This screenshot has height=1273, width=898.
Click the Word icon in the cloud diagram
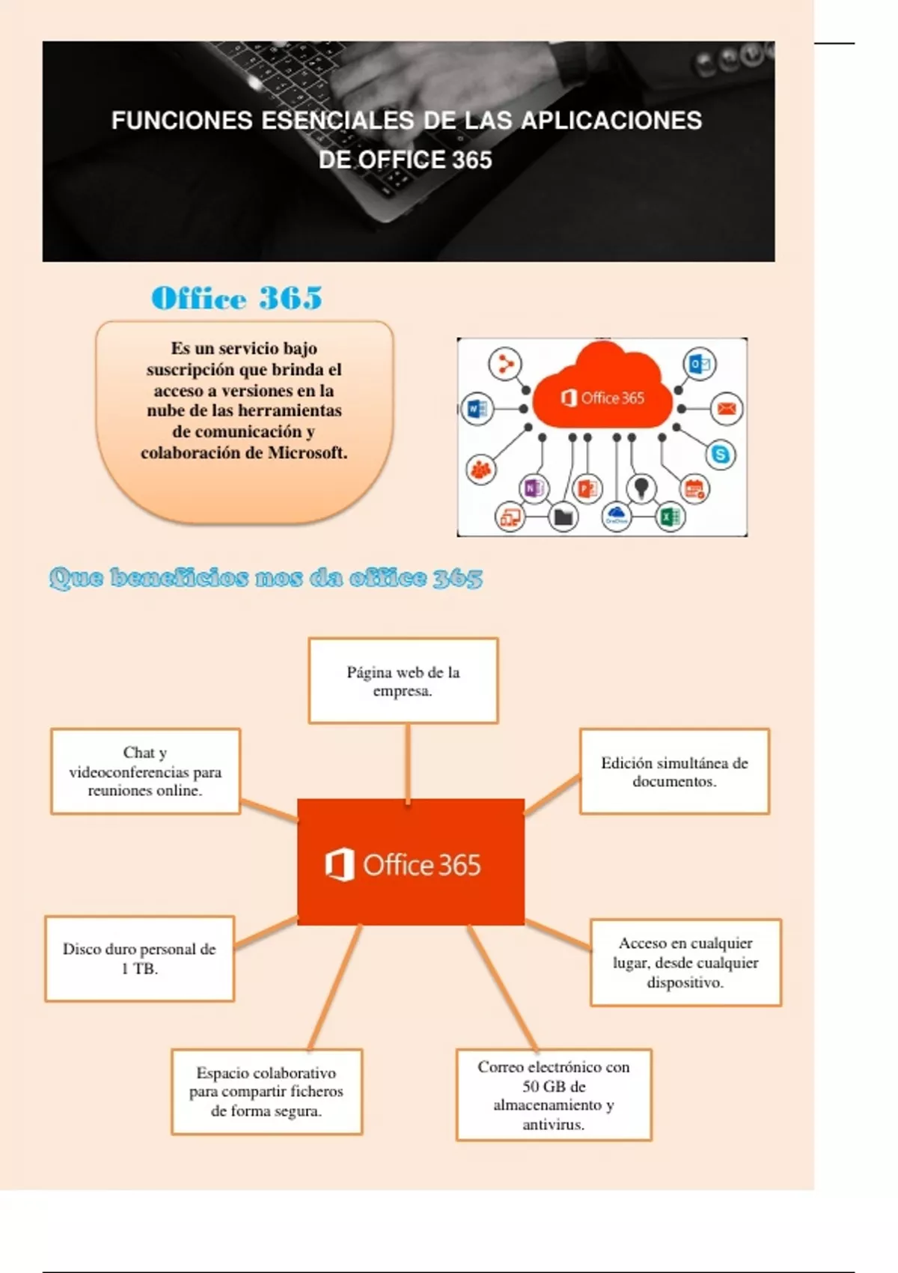[x=477, y=409]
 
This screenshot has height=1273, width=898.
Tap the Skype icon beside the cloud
[x=721, y=455]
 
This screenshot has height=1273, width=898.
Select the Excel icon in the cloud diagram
[x=670, y=517]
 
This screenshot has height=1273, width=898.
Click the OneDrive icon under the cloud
[x=616, y=516]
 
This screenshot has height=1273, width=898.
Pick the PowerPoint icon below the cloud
[x=587, y=489]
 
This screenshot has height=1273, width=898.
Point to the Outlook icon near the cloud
[x=700, y=365]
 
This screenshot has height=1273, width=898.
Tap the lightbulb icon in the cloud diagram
[x=641, y=488]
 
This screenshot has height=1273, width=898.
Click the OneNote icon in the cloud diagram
[x=533, y=489]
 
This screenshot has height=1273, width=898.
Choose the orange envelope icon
[x=727, y=409]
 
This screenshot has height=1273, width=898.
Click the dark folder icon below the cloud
[x=563, y=517]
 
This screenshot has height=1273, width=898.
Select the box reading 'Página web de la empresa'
[x=403, y=681]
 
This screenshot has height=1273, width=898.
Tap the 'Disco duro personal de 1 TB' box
[x=139, y=958]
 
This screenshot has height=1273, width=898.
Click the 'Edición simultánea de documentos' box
[x=674, y=771]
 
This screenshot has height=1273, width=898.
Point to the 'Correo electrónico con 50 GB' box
[x=554, y=1095]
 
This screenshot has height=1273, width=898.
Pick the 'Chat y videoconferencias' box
[x=145, y=771]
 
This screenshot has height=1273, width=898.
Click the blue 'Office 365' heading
[x=236, y=298]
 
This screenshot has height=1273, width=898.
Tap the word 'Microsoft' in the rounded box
[x=308, y=452]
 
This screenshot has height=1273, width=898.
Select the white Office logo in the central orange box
[x=339, y=865]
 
